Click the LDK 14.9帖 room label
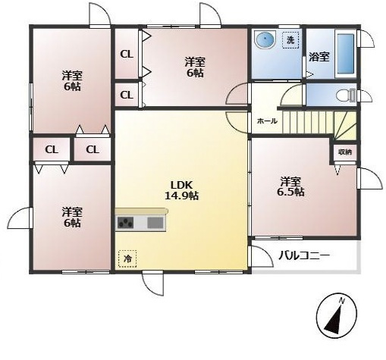182,190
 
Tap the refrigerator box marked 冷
127,258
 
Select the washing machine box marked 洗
290,40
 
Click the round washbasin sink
265,39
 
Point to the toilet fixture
346,95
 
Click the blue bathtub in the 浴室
346,53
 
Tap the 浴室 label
319,57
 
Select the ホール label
267,121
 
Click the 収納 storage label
345,152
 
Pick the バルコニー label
304,255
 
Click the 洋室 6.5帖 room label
290,186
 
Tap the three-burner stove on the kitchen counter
126,223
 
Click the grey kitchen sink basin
155,223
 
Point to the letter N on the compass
342,301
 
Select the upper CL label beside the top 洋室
127,54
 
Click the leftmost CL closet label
52,149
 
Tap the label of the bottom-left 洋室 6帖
72,218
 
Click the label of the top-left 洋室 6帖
72,81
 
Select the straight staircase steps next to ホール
308,122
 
